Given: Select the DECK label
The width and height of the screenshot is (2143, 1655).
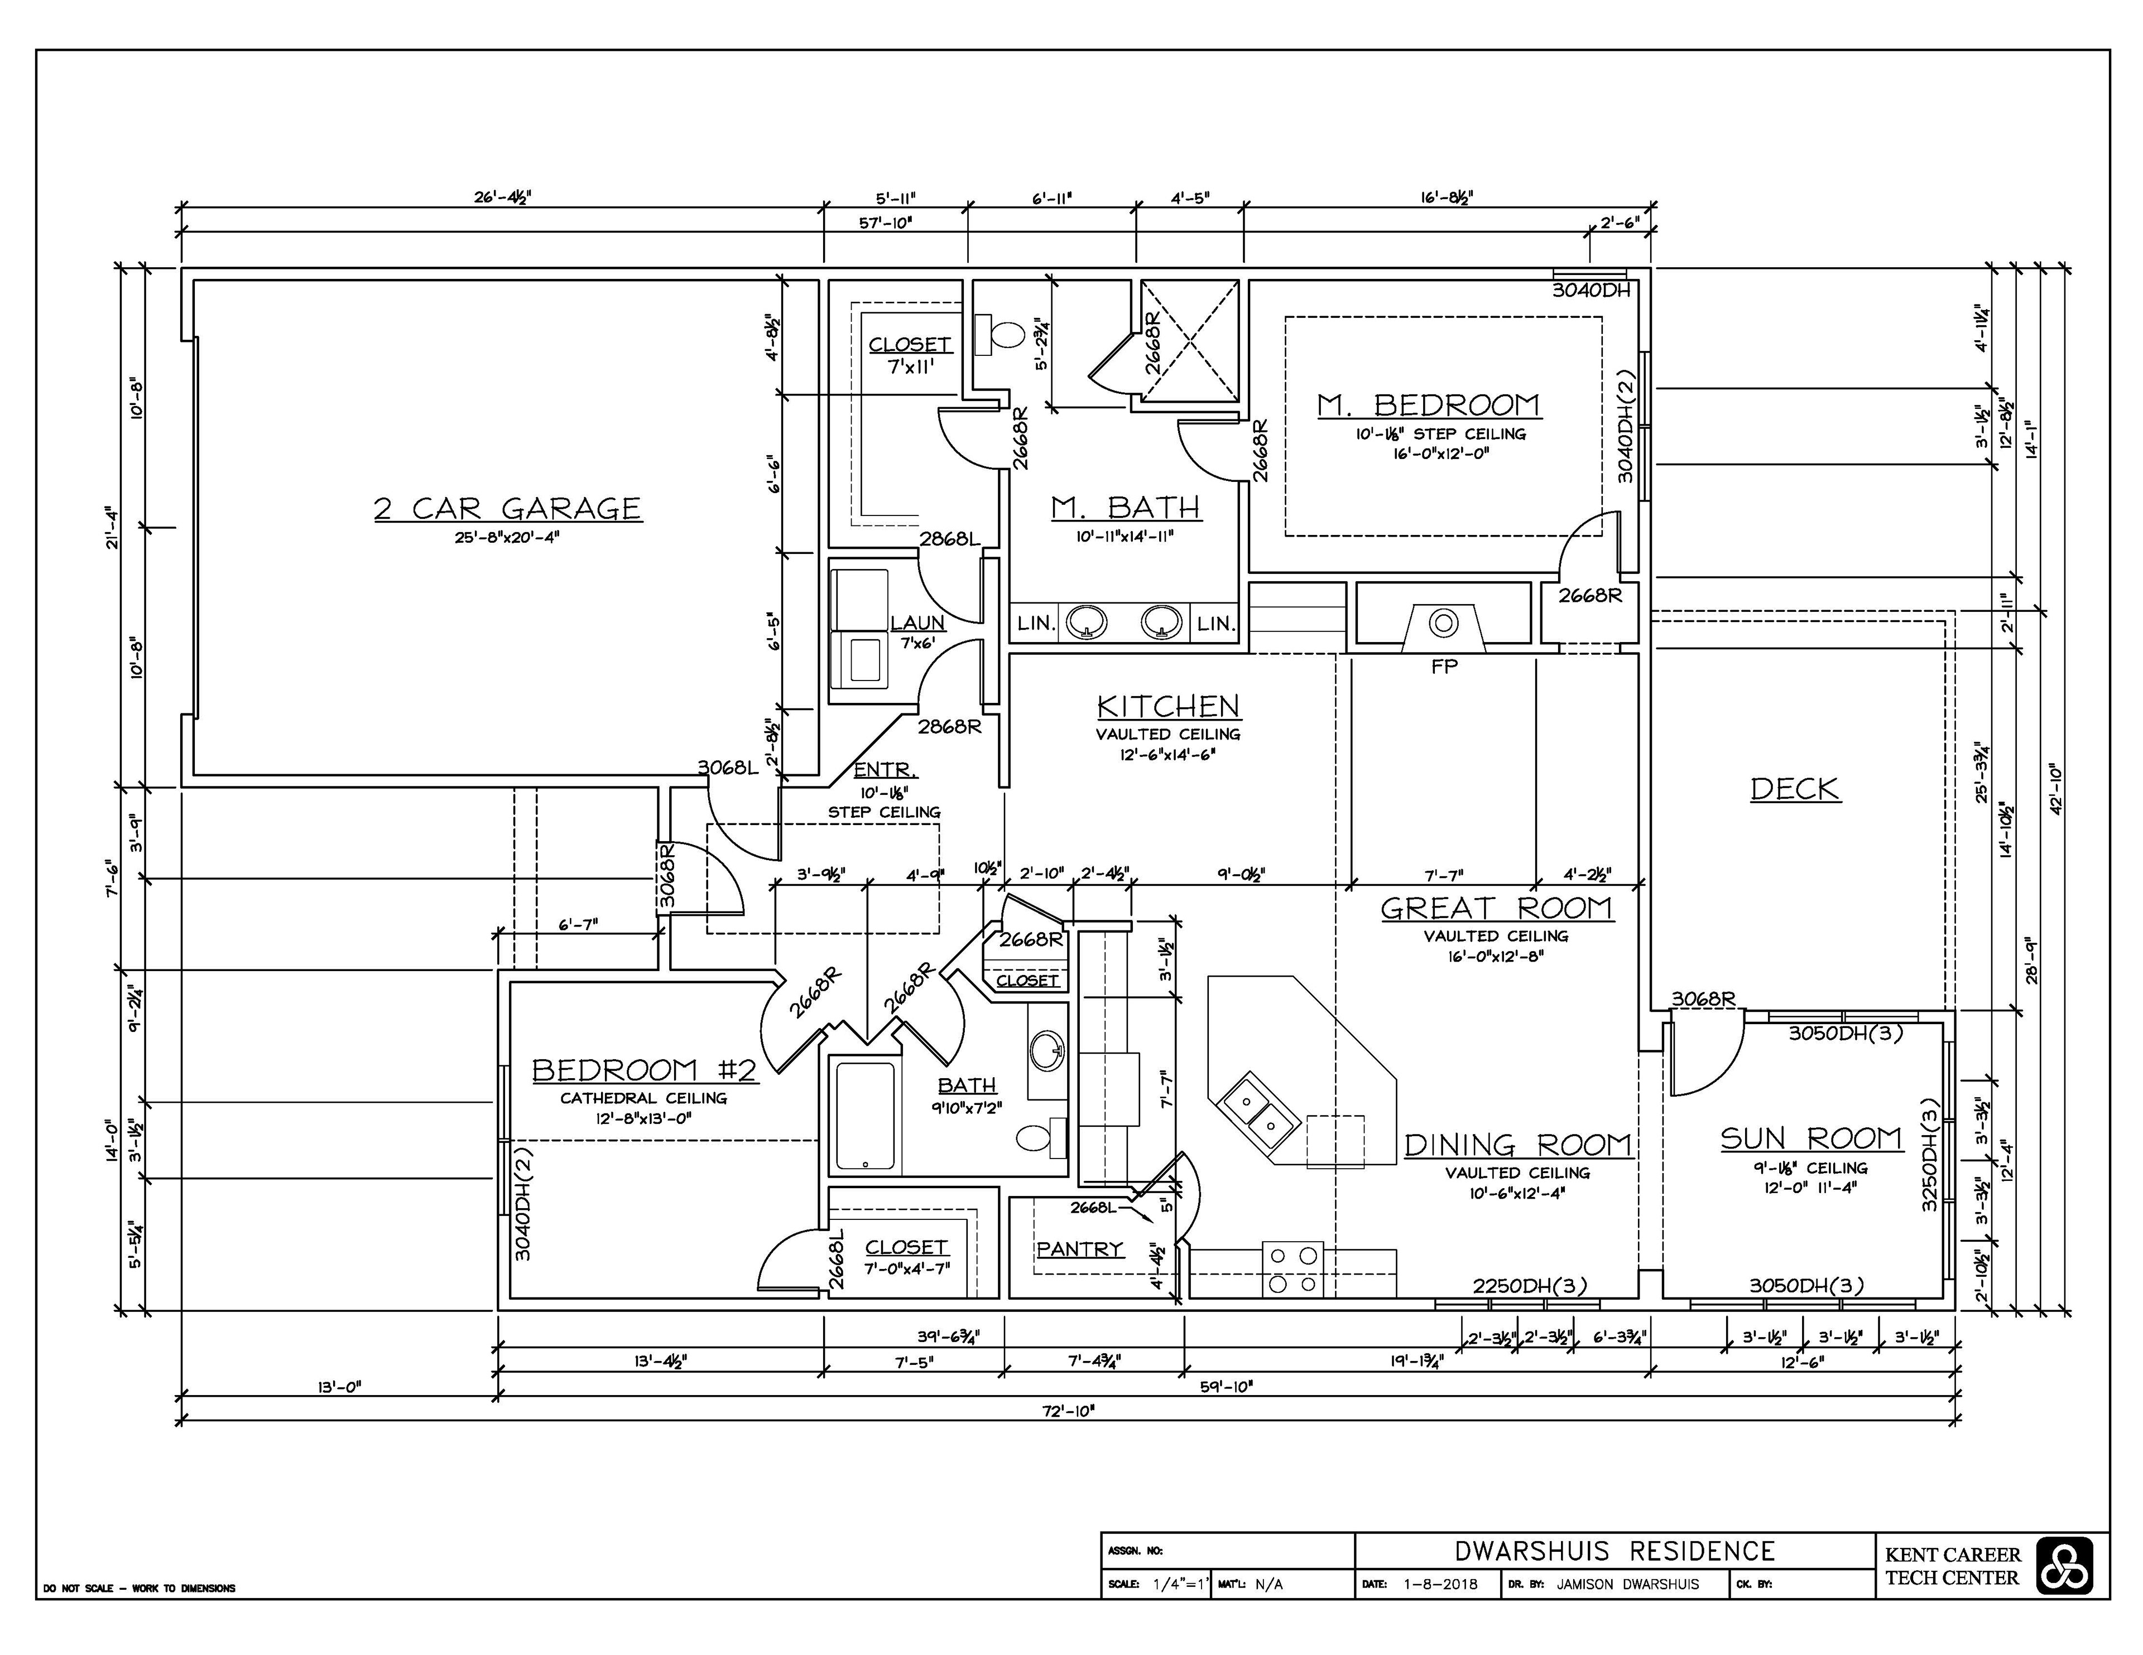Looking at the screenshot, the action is (x=1796, y=789).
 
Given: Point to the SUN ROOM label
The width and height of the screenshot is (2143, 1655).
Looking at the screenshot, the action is (x=1812, y=1139).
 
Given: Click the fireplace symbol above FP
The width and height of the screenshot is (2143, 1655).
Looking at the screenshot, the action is (x=1443, y=626).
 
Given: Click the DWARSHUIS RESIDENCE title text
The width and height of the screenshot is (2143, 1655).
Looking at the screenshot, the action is (x=1614, y=1551).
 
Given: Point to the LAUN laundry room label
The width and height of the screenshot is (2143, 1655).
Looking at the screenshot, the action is (x=917, y=623).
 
